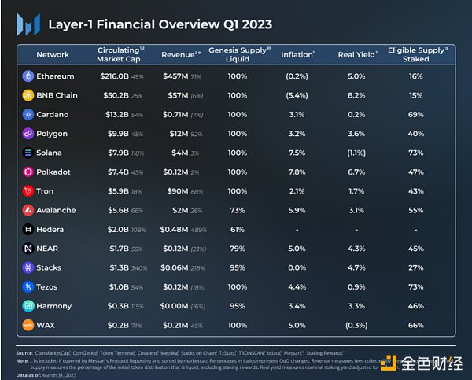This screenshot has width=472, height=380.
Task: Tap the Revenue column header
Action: [176, 55]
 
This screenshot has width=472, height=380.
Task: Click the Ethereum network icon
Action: [28, 76]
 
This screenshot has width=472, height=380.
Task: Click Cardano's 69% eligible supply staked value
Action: [416, 114]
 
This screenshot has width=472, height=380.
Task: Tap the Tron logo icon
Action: [28, 191]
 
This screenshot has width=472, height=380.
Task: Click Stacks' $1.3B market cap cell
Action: [112, 267]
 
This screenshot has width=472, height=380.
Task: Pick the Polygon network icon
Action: [28, 134]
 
